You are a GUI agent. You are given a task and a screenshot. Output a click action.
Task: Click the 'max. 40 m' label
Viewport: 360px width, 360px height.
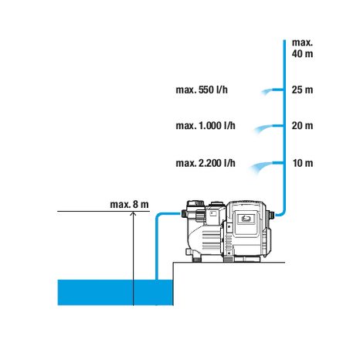pyautogui.click(x=302, y=48)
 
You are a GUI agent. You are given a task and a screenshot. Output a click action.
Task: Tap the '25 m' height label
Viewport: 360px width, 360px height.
pyautogui.click(x=302, y=90)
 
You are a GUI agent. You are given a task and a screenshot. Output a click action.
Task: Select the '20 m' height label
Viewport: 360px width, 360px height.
pyautogui.click(x=302, y=126)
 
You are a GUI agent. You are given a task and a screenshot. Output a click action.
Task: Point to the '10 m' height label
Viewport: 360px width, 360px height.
pyautogui.click(x=303, y=163)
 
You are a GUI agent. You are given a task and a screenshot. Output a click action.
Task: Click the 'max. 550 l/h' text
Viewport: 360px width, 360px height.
pyautogui.click(x=202, y=90)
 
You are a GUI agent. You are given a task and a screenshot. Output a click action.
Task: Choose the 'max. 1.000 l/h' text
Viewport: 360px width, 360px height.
pyautogui.click(x=205, y=126)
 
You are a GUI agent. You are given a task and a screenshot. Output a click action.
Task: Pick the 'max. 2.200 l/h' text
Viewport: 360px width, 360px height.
pyautogui.click(x=205, y=163)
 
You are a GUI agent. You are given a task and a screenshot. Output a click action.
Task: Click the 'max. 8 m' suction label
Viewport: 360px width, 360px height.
pyautogui.click(x=129, y=205)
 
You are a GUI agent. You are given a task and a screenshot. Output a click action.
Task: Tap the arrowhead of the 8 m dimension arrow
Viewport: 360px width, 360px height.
pyautogui.click(x=133, y=213)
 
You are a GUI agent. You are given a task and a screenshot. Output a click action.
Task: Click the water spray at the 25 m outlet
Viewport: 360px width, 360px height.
pyautogui.click(x=267, y=91)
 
